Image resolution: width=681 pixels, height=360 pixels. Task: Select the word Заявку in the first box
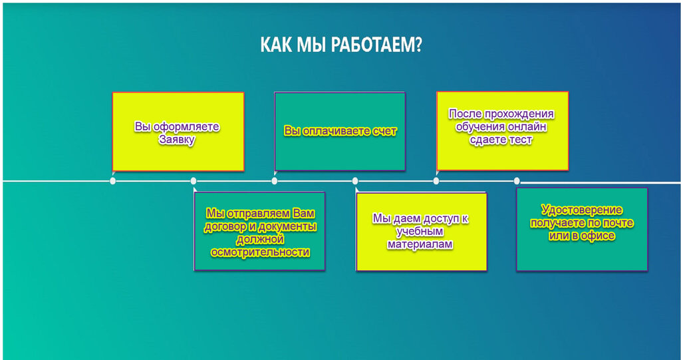(x=177, y=140)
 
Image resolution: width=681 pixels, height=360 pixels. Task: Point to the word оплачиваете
(x=333, y=131)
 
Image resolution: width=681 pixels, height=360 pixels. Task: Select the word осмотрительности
(x=259, y=252)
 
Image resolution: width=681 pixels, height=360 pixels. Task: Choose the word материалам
(x=420, y=244)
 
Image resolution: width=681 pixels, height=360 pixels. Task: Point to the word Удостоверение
(x=581, y=210)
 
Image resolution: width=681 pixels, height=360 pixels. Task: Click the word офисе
(x=600, y=236)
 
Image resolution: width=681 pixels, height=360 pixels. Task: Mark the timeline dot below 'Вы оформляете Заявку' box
(x=113, y=181)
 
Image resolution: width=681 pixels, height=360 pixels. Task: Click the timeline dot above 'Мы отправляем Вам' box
(x=194, y=181)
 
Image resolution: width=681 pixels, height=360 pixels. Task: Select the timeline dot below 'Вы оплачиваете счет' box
(x=275, y=181)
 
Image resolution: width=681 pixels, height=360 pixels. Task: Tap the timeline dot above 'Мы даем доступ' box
(x=355, y=181)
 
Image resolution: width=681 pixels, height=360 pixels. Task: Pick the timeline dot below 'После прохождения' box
(x=436, y=181)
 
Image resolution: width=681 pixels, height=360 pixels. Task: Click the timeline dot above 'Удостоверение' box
(x=517, y=181)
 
